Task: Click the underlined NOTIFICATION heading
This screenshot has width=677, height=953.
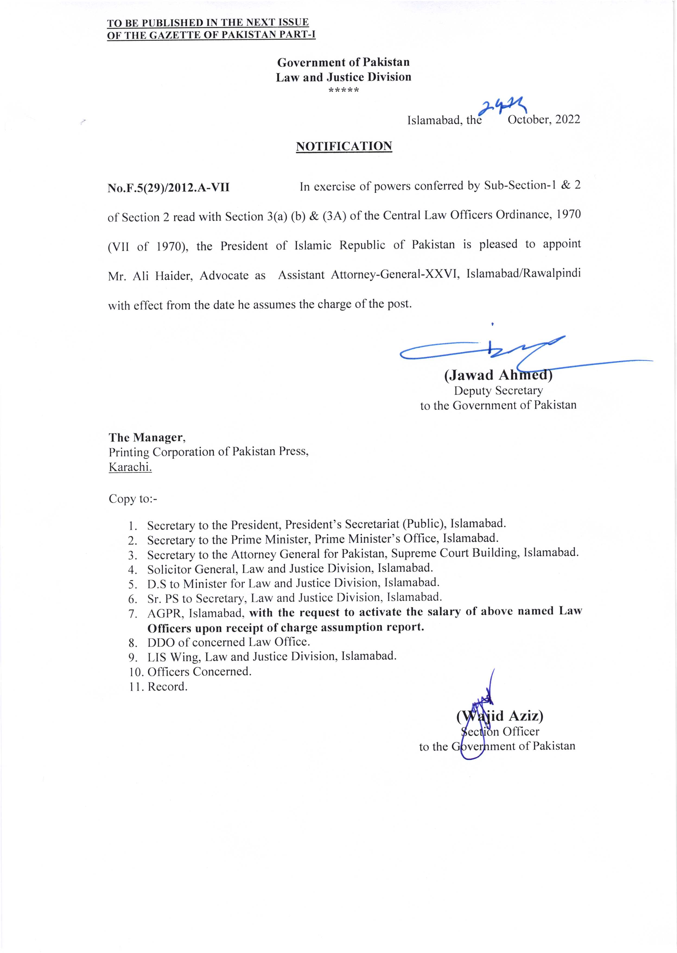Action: coord(344,146)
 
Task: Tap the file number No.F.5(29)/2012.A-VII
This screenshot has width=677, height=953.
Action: coord(169,188)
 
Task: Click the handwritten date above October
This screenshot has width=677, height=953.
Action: coord(502,108)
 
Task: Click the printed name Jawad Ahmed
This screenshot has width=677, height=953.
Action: coord(498,375)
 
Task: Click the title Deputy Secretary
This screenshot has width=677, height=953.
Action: coord(498,391)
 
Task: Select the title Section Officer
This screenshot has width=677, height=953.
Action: coord(500,731)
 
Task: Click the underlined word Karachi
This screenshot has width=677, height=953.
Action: coord(130,467)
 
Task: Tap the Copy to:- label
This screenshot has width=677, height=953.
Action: coord(133,499)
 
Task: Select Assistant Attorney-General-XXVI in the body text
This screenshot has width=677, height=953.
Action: coord(369,275)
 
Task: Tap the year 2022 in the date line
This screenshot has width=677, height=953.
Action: coord(567,120)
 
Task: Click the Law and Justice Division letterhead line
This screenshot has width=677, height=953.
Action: coord(344,77)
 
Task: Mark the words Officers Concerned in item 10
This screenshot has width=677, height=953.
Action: coord(199,671)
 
